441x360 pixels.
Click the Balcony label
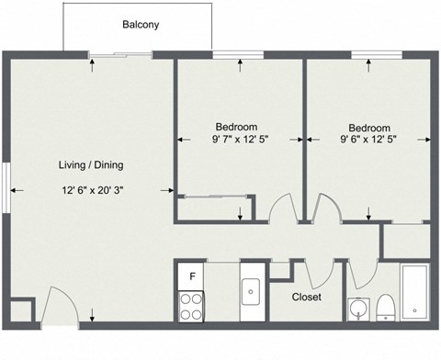point(141,25)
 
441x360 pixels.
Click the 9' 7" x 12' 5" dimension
point(236,141)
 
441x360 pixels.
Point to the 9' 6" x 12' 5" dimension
point(369,141)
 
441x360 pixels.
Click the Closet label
point(306,297)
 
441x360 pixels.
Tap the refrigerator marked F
point(192,276)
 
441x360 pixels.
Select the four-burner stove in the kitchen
point(192,306)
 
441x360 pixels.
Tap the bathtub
point(414,292)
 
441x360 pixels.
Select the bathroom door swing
point(361,271)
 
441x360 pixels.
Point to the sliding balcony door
point(121,56)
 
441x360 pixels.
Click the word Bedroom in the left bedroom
point(236,127)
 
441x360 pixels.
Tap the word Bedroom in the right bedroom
point(369,127)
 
